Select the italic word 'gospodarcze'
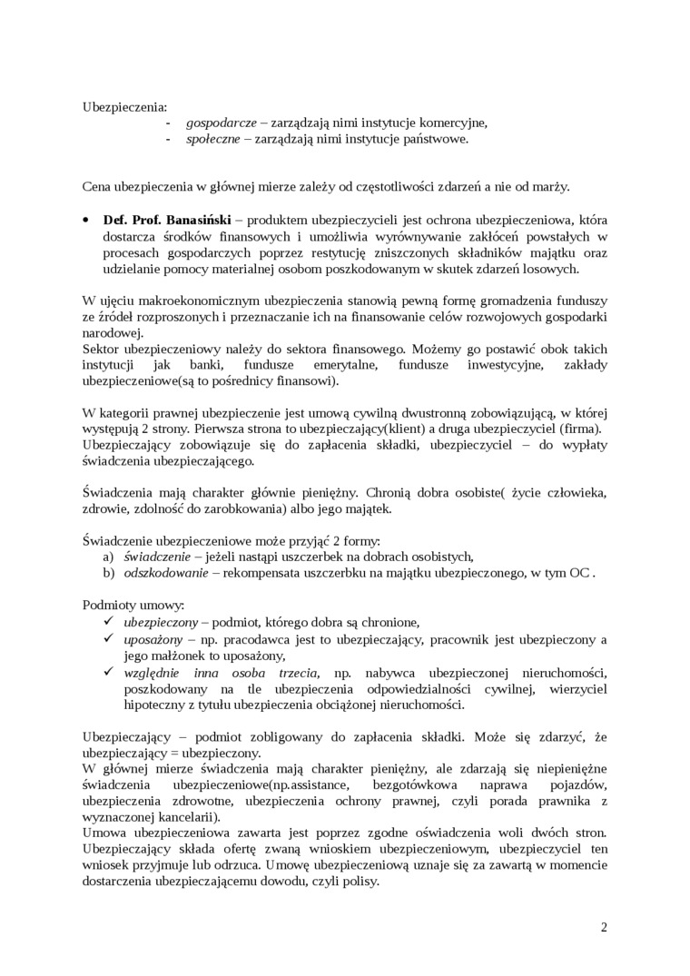pyautogui.click(x=222, y=123)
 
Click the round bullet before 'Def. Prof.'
pyautogui.click(x=86, y=221)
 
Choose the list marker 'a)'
pyautogui.click(x=108, y=557)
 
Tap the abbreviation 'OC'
pyautogui.click(x=578, y=574)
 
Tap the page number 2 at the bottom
pyautogui.click(x=604, y=928)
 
